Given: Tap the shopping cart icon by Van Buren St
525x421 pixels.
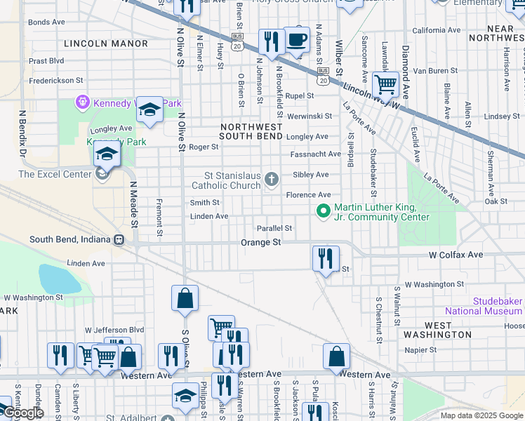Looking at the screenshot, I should (385, 84).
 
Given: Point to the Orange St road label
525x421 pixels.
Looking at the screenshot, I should (260, 242).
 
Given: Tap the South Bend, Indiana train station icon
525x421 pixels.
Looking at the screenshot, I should (119, 239).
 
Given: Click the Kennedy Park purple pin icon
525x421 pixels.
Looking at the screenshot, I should (82, 103).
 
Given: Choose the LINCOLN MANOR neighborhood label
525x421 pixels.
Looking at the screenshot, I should (96, 44).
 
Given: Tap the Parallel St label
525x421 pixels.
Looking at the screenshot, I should (274, 228).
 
